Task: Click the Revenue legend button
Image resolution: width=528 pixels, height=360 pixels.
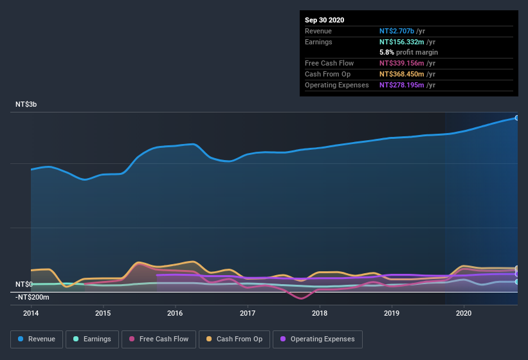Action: pos(37,339)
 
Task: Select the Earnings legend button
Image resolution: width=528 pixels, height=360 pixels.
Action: pos(91,339)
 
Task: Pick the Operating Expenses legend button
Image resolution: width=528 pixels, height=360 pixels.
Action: pos(317,339)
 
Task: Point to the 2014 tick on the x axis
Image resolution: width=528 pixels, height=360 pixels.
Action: pos(31,314)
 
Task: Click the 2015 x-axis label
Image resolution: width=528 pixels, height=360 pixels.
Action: pos(103,314)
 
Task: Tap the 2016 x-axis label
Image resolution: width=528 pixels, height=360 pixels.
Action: pos(175,314)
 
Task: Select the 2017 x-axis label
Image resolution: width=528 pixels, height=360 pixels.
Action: pos(248,314)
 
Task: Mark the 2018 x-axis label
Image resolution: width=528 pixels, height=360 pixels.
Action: pos(320,314)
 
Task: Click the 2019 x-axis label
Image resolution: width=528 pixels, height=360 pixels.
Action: pos(392,314)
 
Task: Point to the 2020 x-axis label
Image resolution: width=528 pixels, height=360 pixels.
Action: pos(464,314)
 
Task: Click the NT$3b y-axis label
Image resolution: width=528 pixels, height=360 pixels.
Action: pos(26,104)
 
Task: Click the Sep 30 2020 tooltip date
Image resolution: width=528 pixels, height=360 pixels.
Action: pos(324,20)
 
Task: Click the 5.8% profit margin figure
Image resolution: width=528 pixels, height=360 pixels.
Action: pos(387,52)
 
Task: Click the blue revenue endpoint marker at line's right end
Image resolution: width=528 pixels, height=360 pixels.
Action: pos(516,118)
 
